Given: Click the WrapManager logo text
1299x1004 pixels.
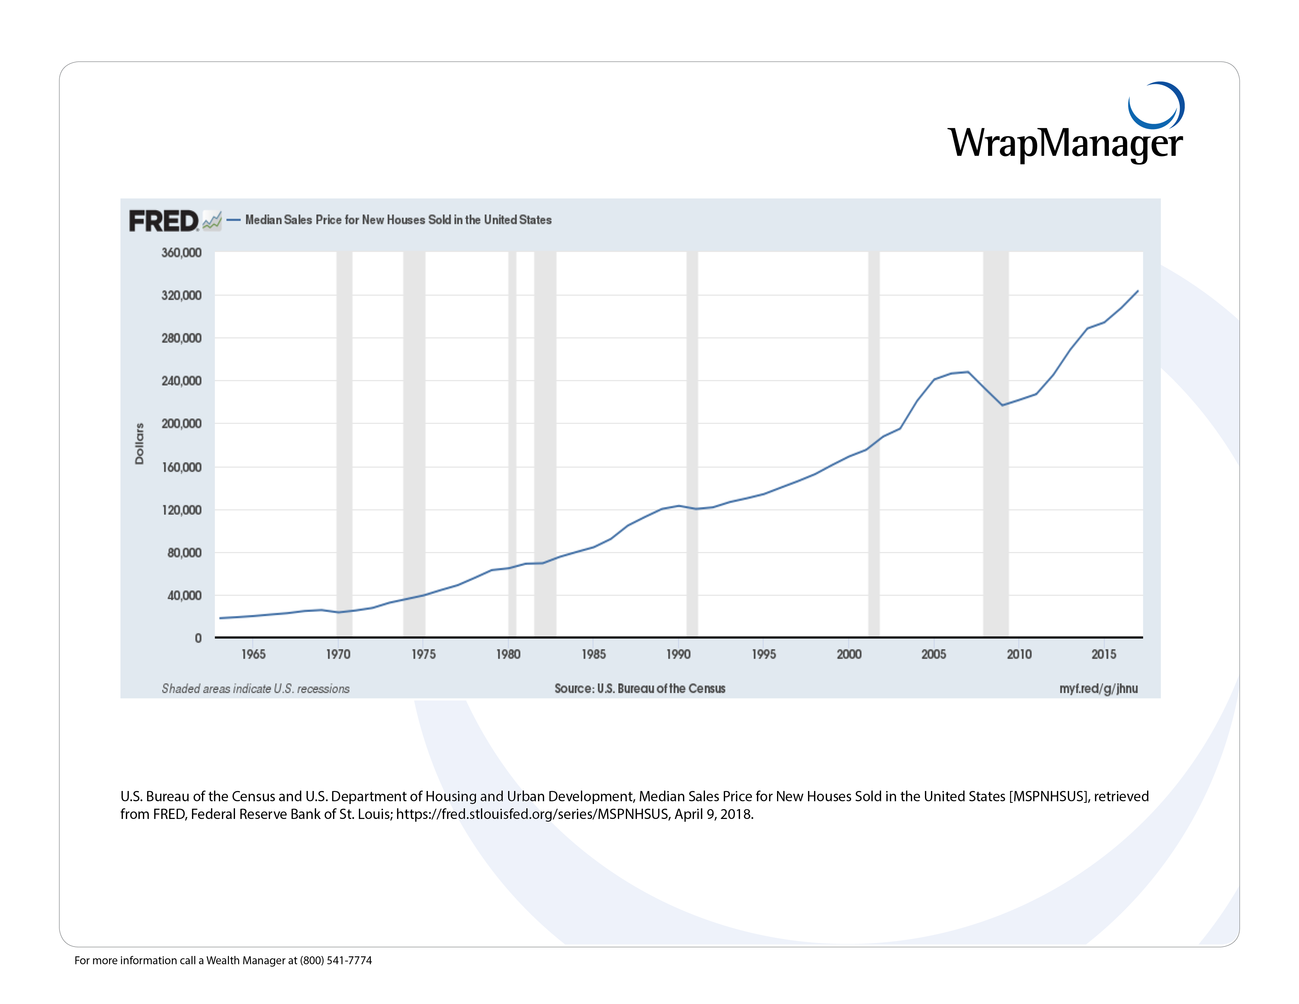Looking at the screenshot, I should click(x=1065, y=143).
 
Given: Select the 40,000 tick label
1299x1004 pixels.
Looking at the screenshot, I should click(x=184, y=595).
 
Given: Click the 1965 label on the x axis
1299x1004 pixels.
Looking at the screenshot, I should click(x=254, y=654).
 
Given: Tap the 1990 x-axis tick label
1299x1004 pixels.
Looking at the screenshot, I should click(x=679, y=654).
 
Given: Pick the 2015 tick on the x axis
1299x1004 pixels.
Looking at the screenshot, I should click(x=1104, y=654).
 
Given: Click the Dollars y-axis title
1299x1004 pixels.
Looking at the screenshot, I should click(x=139, y=444).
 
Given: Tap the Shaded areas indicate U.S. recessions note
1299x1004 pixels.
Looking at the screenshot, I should click(x=256, y=689).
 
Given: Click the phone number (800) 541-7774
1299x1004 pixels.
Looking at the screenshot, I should click(x=336, y=961).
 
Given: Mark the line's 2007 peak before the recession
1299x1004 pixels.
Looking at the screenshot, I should click(x=968, y=372).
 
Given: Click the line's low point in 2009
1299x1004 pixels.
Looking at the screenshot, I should click(x=1002, y=405).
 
